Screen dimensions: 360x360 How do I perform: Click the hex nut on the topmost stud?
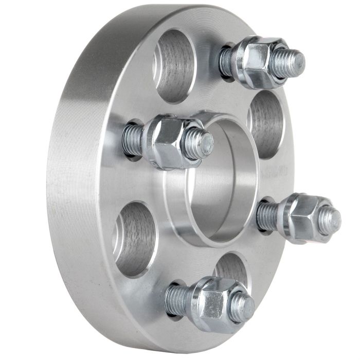click(x=256, y=61)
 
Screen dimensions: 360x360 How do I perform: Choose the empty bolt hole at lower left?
click(x=135, y=240)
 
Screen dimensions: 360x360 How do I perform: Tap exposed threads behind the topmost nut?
click(x=226, y=61)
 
